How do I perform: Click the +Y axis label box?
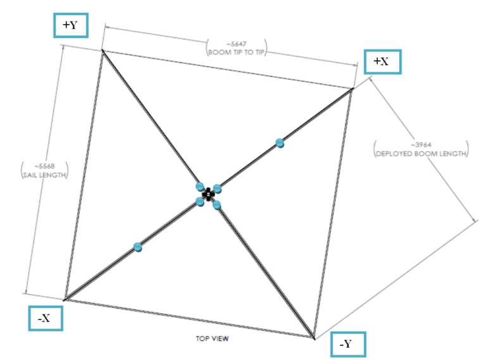[x=71, y=25]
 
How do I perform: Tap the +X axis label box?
[x=382, y=61]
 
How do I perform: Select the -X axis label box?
[x=46, y=318]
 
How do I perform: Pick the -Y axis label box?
[x=348, y=344]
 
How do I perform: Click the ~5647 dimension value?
[x=236, y=44]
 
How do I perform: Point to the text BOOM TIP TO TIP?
[x=237, y=53]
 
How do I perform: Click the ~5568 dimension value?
[x=45, y=166]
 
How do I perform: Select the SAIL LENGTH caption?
[x=45, y=175]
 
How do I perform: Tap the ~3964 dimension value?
[x=421, y=145]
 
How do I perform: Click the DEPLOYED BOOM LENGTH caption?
[x=421, y=154]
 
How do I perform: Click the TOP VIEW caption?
[x=213, y=338]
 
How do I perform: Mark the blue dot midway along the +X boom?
[x=280, y=143]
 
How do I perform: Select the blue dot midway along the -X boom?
[x=137, y=247]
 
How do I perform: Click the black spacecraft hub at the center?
[x=208, y=194]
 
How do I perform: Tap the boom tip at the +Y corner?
[x=103, y=51]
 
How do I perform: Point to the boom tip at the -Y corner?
[x=314, y=338]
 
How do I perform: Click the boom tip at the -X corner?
[x=65, y=300]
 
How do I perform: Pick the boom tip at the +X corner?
[x=352, y=89]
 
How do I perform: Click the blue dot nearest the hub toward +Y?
[x=200, y=187]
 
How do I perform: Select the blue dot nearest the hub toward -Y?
[x=216, y=205]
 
